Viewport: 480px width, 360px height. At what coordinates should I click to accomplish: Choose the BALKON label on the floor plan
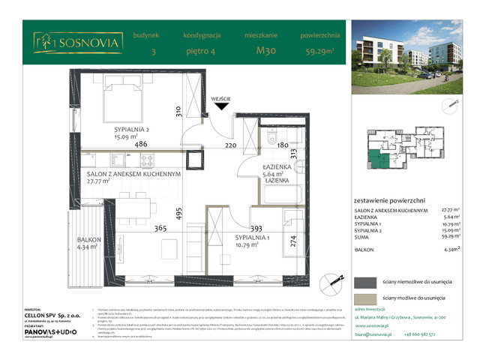(88, 240)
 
